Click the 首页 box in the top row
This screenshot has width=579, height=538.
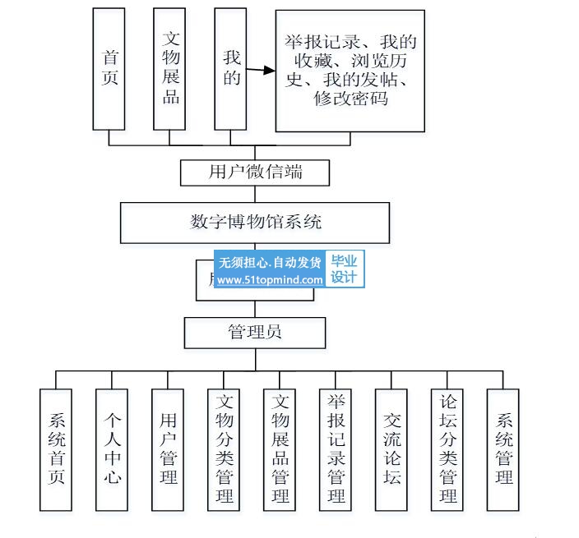click(110, 69)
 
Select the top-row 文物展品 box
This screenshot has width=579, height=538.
click(171, 69)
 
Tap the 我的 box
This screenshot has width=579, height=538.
click(231, 69)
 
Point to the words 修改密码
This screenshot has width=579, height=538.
click(351, 99)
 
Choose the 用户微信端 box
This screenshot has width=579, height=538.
click(255, 172)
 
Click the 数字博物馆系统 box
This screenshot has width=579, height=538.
click(255, 222)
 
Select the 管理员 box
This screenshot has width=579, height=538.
click(255, 333)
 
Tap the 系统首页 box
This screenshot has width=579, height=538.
click(57, 448)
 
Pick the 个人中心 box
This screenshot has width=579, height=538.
click(113, 448)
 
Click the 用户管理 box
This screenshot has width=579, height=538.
click(169, 448)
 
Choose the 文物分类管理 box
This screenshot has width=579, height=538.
click(225, 448)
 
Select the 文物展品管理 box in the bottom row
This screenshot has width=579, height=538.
click(280, 448)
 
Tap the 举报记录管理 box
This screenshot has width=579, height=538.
click(336, 448)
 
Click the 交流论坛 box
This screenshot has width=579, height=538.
click(391, 448)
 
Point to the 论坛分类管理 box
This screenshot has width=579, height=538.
click(448, 448)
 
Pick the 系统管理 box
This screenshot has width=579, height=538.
click(503, 448)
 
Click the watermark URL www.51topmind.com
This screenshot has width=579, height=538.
click(271, 279)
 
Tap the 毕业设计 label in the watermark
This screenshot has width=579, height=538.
click(345, 269)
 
